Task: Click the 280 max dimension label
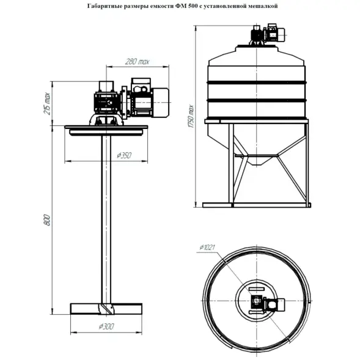coord(138,62)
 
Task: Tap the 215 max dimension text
coord(47,103)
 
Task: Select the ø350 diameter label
coord(124,155)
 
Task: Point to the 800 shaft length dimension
coord(47,220)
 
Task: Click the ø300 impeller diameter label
coord(106,326)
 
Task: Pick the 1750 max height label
coord(191,116)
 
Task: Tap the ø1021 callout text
coord(207,248)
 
